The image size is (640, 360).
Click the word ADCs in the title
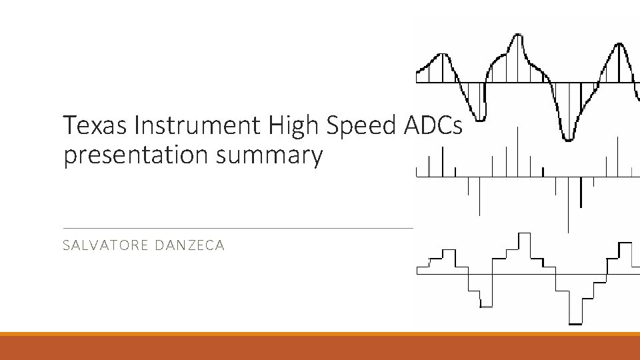click(x=434, y=125)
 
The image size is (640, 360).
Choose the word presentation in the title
click(x=140, y=155)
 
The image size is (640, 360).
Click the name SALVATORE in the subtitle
click(x=105, y=245)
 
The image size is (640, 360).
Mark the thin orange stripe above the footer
click(x=320, y=334)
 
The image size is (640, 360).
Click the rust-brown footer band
click(x=320, y=348)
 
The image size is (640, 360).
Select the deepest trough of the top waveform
click(x=568, y=138)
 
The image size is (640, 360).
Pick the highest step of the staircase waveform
click(x=524, y=235)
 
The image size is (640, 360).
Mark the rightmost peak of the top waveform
click(x=619, y=45)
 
